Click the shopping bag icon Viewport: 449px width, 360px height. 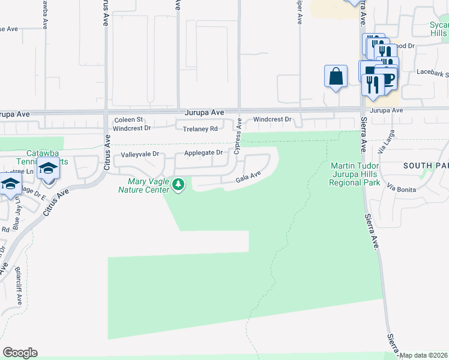tap(336, 76)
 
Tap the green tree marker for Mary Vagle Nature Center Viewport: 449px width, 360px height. tap(178, 184)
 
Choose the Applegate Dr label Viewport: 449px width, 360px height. tap(203, 152)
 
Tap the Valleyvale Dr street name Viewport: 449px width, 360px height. tap(140, 154)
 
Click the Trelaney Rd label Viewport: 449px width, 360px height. tap(200, 127)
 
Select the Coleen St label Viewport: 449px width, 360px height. tap(128, 119)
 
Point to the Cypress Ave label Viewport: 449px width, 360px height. tap(238, 144)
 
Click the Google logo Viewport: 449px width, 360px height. tap(20, 353)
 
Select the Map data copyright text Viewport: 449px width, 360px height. tap(423, 355)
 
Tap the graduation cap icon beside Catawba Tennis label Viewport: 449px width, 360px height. tap(49, 169)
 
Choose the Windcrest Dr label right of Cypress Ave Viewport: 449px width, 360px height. tap(271, 119)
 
